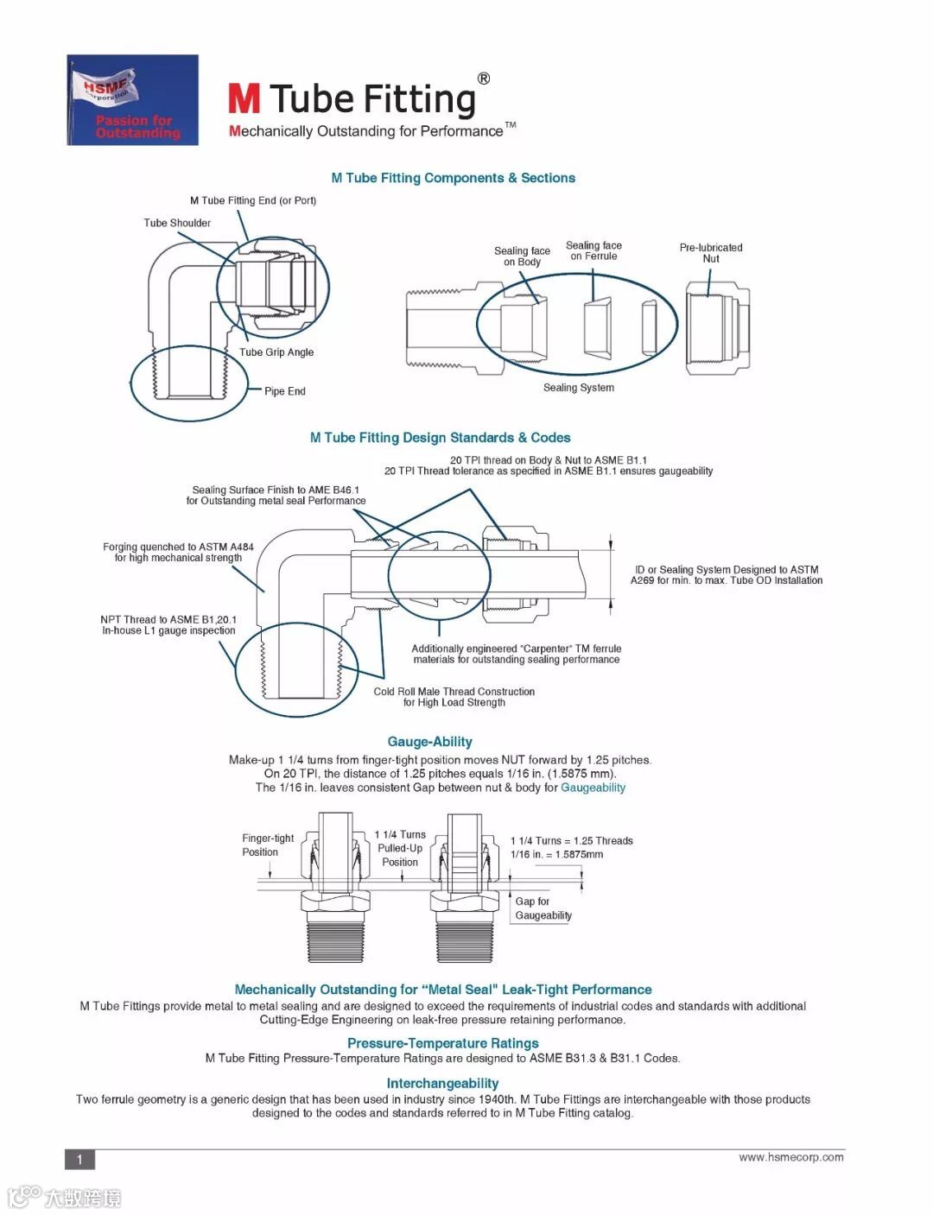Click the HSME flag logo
(132, 100)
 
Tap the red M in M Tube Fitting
(244, 99)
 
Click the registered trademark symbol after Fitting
(484, 79)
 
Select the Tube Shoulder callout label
(177, 223)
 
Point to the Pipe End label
(284, 391)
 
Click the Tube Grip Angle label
(276, 352)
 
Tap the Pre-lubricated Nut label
(710, 253)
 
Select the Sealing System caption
(578, 388)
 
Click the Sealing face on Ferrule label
(593, 250)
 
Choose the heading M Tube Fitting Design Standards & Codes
(440, 438)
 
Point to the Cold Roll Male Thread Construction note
(454, 697)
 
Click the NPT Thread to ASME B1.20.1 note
(168, 625)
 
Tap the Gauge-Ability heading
(429, 742)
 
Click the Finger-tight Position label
(267, 845)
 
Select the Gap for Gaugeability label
(543, 908)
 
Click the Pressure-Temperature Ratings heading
(442, 1043)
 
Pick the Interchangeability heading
(442, 1084)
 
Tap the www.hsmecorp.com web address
(790, 1157)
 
